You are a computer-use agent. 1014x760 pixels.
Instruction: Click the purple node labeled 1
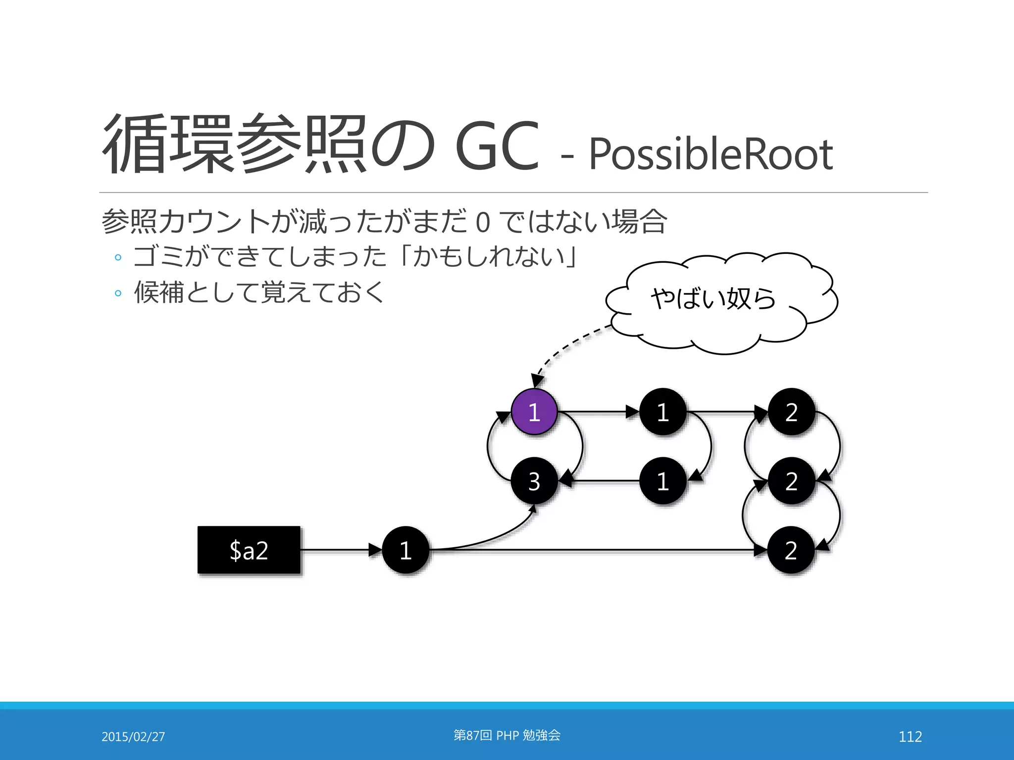pyautogui.click(x=534, y=412)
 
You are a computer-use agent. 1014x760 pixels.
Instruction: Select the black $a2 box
pyautogui.click(x=249, y=550)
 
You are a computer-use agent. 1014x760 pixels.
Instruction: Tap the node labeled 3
pyautogui.click(x=534, y=481)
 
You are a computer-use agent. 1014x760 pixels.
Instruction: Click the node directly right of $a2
pyautogui.click(x=406, y=550)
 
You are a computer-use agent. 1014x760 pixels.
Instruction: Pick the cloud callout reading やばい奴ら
pyautogui.click(x=718, y=302)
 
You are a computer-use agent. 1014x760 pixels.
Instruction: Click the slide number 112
pyautogui.click(x=910, y=736)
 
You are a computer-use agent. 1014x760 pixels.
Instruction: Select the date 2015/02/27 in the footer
pyautogui.click(x=133, y=736)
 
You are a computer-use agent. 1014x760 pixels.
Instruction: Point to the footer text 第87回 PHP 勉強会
pyautogui.click(x=507, y=735)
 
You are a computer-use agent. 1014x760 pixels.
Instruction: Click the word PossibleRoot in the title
pyautogui.click(x=710, y=154)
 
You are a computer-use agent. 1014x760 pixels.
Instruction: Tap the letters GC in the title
pyautogui.click(x=497, y=146)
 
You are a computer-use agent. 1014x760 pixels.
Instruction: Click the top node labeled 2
pyautogui.click(x=791, y=412)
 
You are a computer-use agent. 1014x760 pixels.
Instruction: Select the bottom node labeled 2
pyautogui.click(x=791, y=550)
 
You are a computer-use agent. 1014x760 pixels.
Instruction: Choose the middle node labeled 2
pyautogui.click(x=791, y=481)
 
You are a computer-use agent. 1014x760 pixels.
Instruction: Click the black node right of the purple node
pyautogui.click(x=663, y=412)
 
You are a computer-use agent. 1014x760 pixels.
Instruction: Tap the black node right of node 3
pyautogui.click(x=663, y=481)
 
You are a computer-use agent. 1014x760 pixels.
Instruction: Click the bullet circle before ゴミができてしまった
pyautogui.click(x=118, y=257)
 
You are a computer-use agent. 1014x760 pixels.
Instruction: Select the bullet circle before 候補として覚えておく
pyautogui.click(x=118, y=293)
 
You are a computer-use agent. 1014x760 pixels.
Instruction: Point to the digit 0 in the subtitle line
pyautogui.click(x=483, y=223)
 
